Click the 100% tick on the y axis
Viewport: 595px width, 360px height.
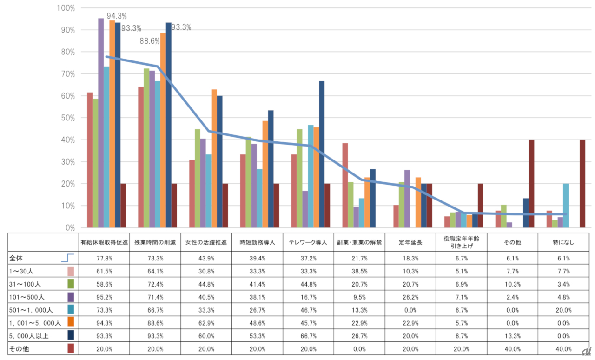66,8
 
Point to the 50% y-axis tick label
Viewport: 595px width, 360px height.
67,118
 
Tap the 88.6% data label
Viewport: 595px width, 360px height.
150,41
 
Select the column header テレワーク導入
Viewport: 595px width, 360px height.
308,243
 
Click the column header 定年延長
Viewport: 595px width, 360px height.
410,243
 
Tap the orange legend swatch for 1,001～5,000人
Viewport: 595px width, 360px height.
71,321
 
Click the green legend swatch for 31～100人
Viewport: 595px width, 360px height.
71,283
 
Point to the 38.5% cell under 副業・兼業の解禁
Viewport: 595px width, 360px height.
358,271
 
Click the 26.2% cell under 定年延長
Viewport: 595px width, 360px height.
410,296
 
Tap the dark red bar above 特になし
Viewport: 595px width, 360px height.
582,184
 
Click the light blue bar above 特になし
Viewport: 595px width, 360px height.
566,206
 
